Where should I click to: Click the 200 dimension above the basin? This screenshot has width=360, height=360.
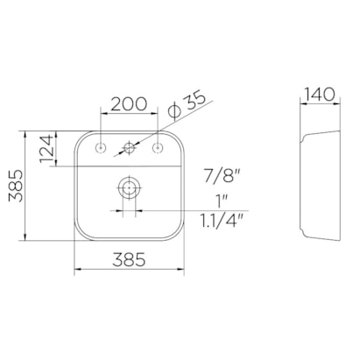[x=130, y=103]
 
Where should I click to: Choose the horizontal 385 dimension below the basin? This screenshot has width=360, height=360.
[x=130, y=260]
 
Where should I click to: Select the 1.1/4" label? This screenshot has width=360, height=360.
[x=221, y=220]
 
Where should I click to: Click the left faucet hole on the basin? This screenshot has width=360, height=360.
[x=102, y=146]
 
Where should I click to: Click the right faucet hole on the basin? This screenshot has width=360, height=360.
[x=159, y=146]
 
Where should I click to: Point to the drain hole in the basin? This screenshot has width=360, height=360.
[x=131, y=187]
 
